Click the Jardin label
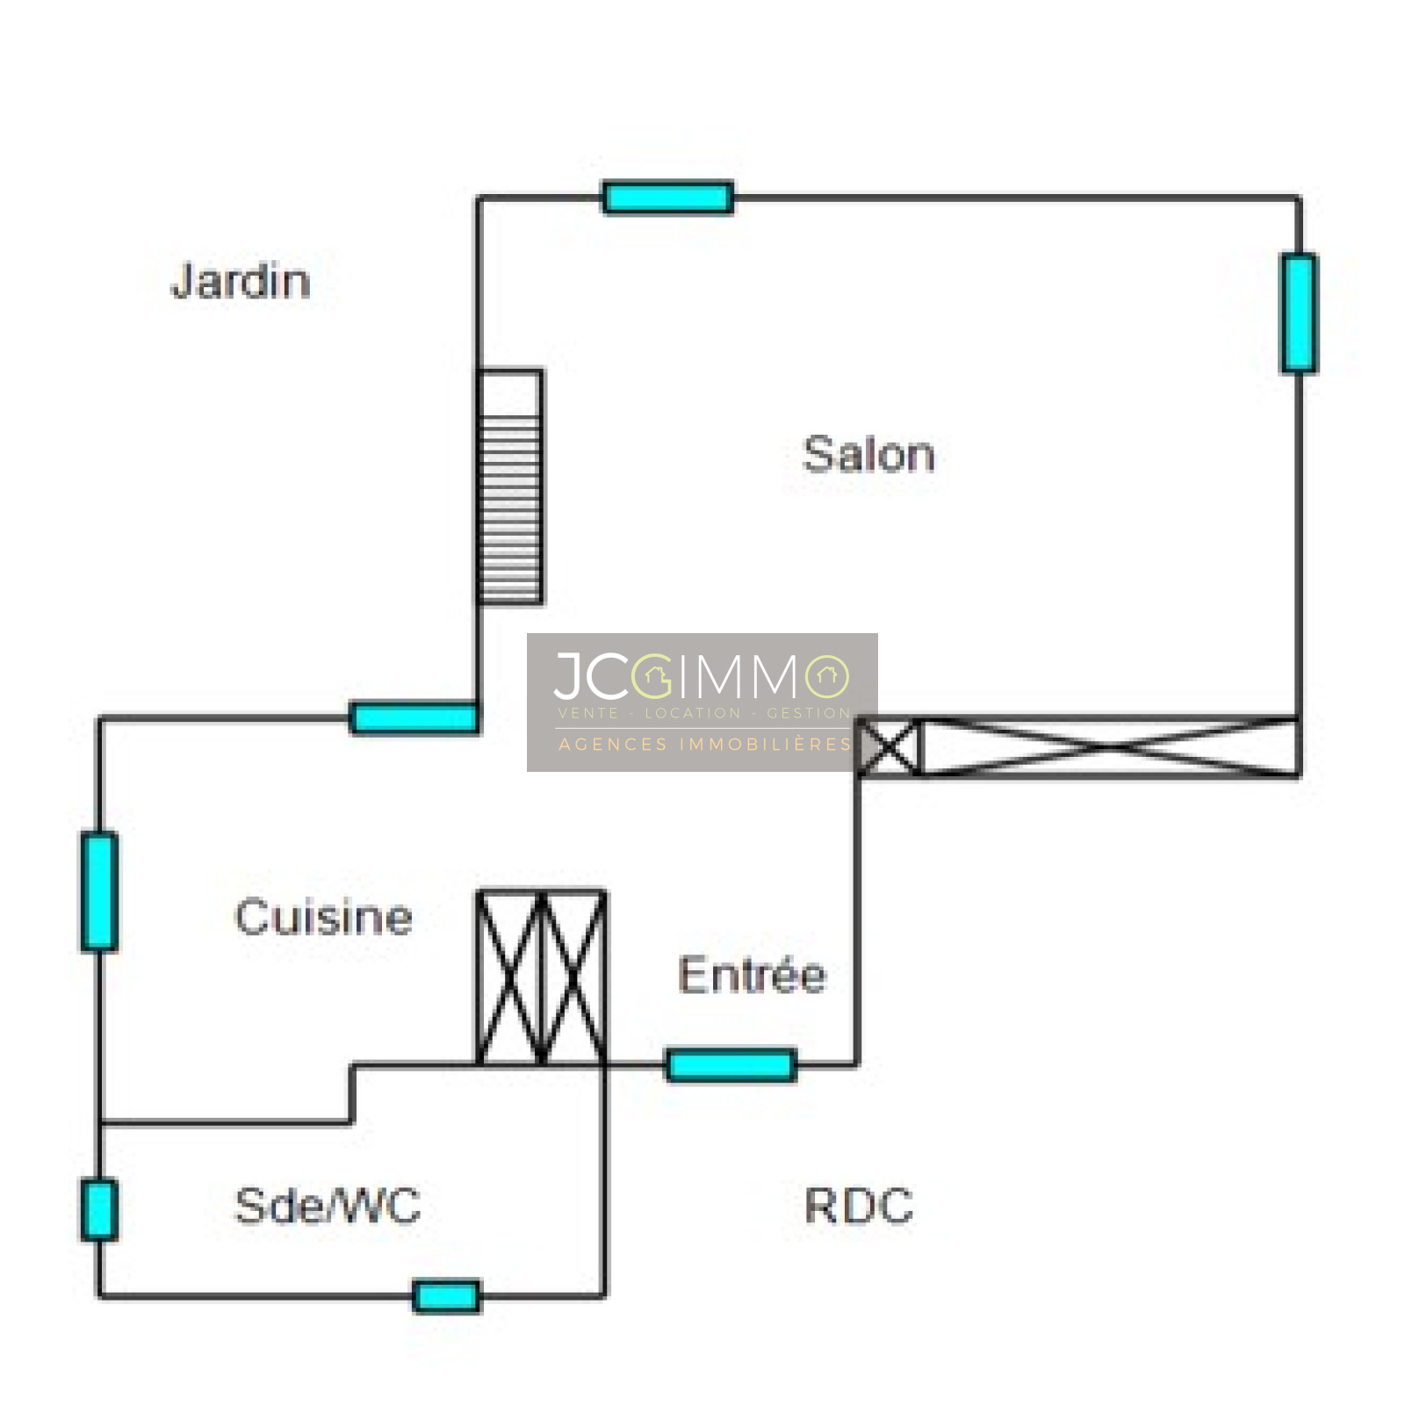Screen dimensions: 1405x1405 click(241, 282)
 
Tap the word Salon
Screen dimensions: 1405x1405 click(868, 455)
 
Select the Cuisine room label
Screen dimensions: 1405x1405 click(323, 918)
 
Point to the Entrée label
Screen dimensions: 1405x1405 click(752, 975)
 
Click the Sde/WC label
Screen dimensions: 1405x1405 click(328, 1206)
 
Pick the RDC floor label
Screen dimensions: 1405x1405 click(858, 1206)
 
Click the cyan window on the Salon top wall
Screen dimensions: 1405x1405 click(667, 198)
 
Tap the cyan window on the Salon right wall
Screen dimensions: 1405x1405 click(1299, 313)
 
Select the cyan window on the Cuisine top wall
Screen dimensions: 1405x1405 click(414, 717)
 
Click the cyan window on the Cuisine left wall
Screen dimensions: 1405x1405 click(99, 891)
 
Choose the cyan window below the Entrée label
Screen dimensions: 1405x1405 click(731, 1065)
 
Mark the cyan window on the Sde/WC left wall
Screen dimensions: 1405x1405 click(99, 1210)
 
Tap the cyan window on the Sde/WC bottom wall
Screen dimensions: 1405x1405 click(446, 1296)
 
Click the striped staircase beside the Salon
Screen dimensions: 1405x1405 click(510, 486)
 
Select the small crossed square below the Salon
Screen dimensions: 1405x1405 click(890, 747)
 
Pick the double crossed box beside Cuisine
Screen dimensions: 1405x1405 click(541, 977)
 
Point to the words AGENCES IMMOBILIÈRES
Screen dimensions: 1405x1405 click(705, 745)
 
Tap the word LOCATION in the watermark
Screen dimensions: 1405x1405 click(693, 713)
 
